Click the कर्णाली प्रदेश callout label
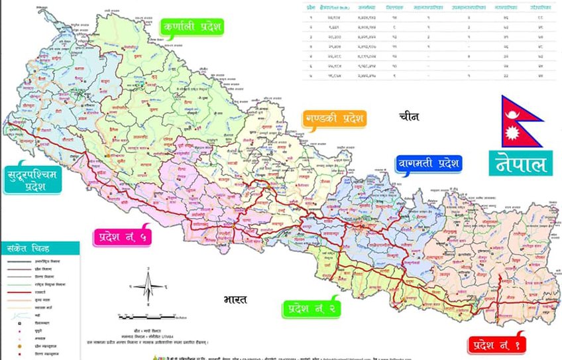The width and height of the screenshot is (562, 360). click(x=192, y=27)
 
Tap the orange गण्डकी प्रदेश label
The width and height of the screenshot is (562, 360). click(x=335, y=120)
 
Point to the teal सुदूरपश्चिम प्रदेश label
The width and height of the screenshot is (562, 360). click(x=33, y=177)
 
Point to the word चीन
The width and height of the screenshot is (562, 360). click(x=409, y=116)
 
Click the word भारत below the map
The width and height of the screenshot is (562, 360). click(x=235, y=299)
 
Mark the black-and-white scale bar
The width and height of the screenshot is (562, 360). click(x=156, y=317)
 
